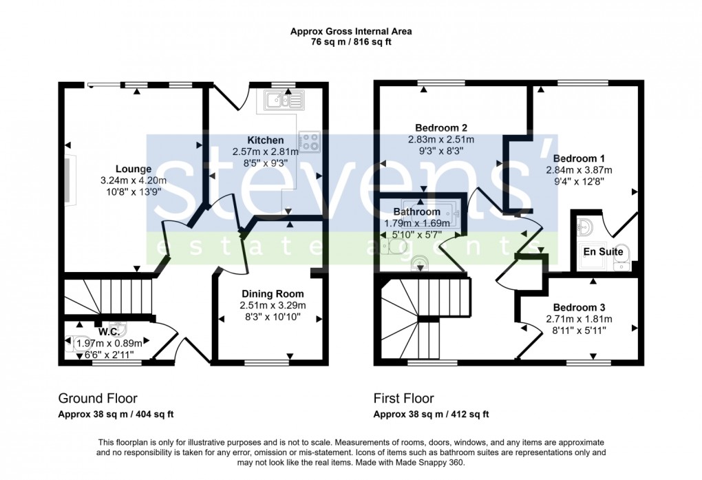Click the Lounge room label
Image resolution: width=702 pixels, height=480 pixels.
click(133, 169)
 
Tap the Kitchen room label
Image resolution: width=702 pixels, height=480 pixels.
click(265, 140)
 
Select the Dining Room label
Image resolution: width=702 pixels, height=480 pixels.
click(272, 294)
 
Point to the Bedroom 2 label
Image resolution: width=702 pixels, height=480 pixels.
click(441, 127)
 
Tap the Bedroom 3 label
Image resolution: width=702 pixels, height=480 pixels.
click(578, 307)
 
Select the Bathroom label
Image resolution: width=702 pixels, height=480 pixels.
click(416, 211)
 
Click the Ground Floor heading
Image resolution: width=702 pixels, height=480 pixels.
click(97, 398)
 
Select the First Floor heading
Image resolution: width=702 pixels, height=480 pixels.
click(403, 398)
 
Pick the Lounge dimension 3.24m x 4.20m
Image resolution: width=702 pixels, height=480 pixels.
click(133, 180)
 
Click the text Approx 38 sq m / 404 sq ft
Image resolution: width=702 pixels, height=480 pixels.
click(116, 414)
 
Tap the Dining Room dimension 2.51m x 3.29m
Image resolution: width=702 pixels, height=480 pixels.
click(272, 306)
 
